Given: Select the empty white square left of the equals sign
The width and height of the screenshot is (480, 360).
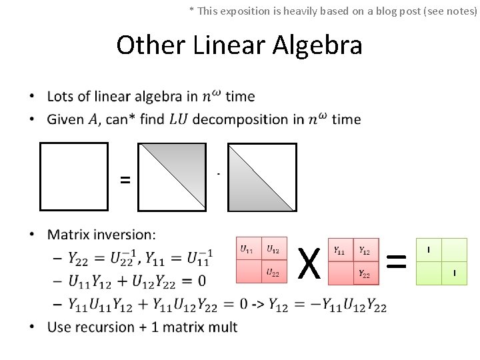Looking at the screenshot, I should coord(73,176).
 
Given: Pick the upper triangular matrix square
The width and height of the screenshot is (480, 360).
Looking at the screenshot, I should coord(262,177).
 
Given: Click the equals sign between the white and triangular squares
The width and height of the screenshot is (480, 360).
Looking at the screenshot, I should coord(125,179).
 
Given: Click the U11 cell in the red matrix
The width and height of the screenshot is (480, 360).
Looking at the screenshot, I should coord(248,249).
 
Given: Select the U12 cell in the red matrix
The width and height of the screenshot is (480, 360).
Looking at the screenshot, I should coord(274,249).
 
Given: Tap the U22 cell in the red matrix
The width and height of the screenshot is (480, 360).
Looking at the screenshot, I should coord(274,273).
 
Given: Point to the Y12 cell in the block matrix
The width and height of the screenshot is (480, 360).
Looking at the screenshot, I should coord(365,250).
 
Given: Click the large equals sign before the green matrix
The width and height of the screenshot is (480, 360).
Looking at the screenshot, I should coord(397,262).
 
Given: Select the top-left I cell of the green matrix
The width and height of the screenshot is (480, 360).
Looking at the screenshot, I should coord(429,249).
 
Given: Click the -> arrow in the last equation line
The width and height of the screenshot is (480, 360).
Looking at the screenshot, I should coord(257,305).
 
